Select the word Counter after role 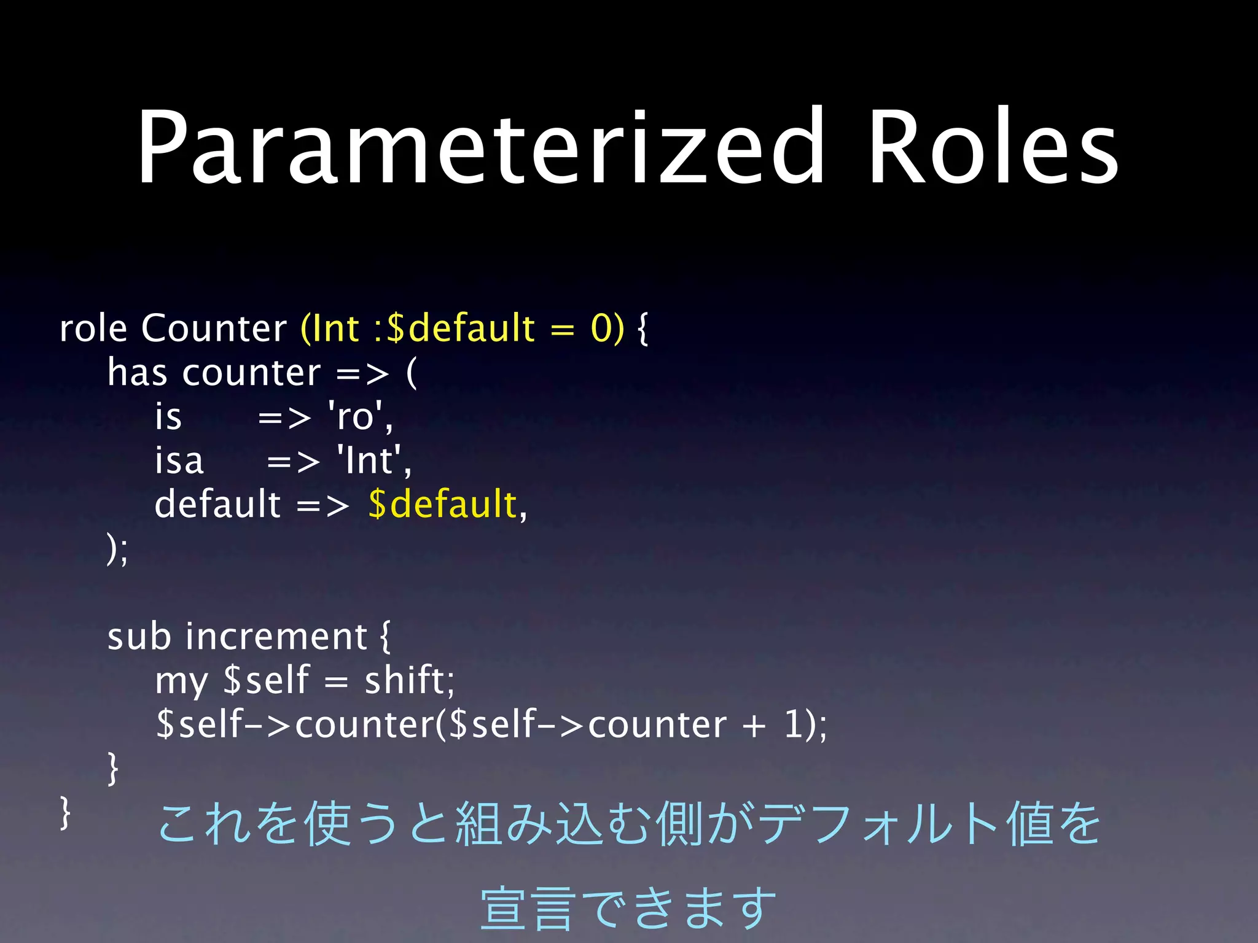(x=213, y=328)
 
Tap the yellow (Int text (x=329, y=328)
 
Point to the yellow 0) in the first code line (x=607, y=328)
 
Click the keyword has (x=137, y=373)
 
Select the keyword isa (x=179, y=461)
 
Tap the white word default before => (x=217, y=505)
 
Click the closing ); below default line (x=117, y=549)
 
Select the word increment (x=276, y=637)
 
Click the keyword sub (x=139, y=637)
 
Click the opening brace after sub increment (x=385, y=637)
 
